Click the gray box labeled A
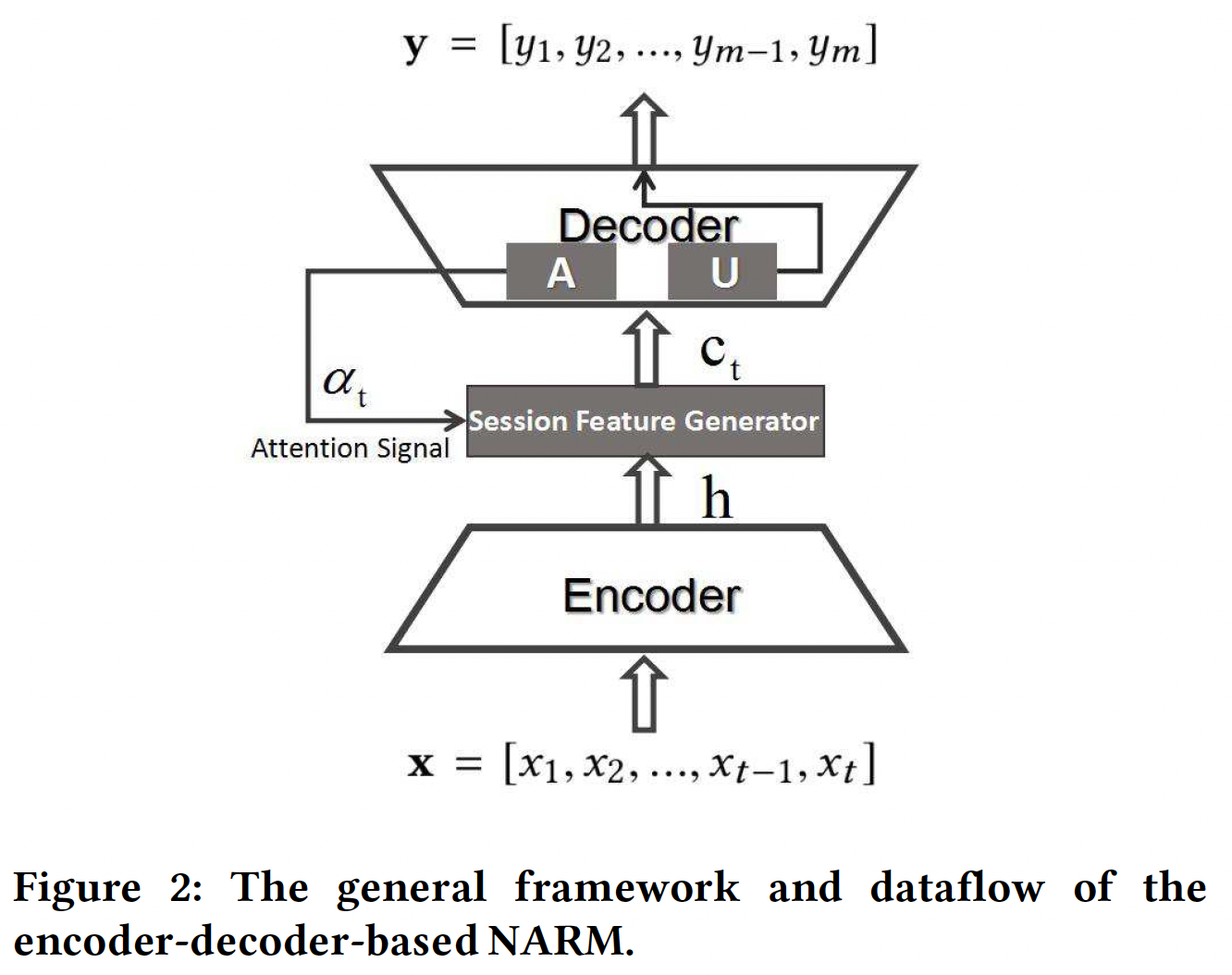click(x=561, y=272)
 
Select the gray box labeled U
click(x=722, y=272)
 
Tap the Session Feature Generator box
click(x=645, y=421)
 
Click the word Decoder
click(x=648, y=226)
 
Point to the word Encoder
click(x=651, y=596)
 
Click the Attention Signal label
click(x=350, y=449)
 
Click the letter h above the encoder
click(x=716, y=500)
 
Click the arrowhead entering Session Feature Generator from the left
click(x=455, y=421)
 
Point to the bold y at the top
click(x=416, y=45)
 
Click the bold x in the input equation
click(x=421, y=764)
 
